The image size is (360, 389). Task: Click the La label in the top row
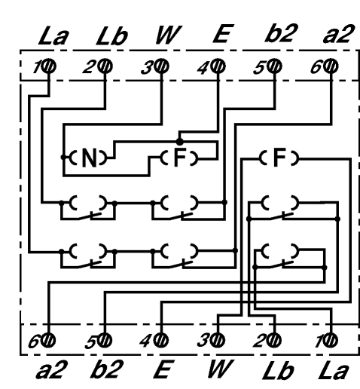tap(53, 35)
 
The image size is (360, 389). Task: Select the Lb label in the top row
tap(111, 35)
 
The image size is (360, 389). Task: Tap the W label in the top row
tap(169, 35)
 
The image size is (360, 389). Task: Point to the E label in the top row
tap(224, 33)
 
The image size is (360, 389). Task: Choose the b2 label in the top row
tap(282, 33)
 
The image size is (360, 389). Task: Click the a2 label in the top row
tap(339, 33)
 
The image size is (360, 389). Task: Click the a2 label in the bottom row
tap(52, 369)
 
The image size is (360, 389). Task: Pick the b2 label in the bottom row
tap(107, 369)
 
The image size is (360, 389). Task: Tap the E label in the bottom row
tap(164, 369)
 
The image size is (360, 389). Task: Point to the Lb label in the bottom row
tap(278, 370)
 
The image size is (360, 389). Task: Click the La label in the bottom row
tap(334, 370)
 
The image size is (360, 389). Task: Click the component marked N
tap(88, 158)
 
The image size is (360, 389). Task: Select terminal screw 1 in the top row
tap(49, 66)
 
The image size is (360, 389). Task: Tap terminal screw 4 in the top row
tap(218, 66)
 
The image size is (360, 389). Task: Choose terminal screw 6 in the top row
tap(331, 66)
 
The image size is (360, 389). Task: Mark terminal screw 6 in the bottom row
tap(48, 341)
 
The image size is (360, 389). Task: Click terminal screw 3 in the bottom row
tap(218, 341)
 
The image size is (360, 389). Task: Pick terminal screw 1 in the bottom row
tap(330, 341)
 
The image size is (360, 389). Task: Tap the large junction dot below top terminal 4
tap(179, 142)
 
